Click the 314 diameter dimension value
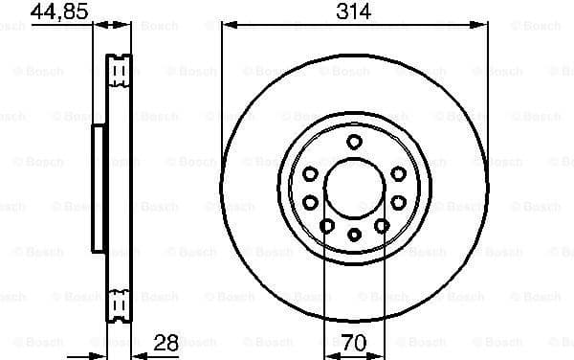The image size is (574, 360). click(x=354, y=11)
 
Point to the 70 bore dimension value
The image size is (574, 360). click(x=354, y=342)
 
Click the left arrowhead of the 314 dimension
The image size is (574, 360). click(x=226, y=27)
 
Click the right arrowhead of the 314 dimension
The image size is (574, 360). click(x=482, y=27)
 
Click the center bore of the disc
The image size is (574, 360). click(x=354, y=188)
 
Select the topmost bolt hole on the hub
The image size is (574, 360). click(x=354, y=142)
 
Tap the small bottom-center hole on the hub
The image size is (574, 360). click(x=354, y=235)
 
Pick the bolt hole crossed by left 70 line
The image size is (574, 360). click(x=327, y=225)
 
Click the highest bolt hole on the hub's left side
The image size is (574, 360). click(x=312, y=172)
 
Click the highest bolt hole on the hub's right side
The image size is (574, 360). click(x=396, y=172)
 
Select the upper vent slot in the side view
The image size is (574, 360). click(x=120, y=73)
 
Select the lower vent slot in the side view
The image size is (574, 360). click(x=120, y=303)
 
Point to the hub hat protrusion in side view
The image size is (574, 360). click(x=97, y=188)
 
